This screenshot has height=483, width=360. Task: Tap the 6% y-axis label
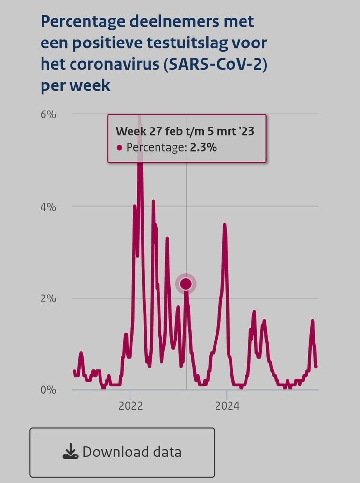pyautogui.click(x=49, y=115)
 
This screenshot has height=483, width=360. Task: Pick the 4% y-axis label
pyautogui.click(x=49, y=207)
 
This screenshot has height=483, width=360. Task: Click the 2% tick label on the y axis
pyautogui.click(x=49, y=298)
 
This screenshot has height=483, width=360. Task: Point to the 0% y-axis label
pyautogui.click(x=49, y=389)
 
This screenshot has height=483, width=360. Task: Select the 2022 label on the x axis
pyautogui.click(x=130, y=406)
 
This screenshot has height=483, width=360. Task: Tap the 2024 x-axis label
pyautogui.click(x=227, y=406)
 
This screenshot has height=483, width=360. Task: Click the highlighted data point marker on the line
pyautogui.click(x=186, y=284)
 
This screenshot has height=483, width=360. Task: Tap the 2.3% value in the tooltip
pyautogui.click(x=203, y=148)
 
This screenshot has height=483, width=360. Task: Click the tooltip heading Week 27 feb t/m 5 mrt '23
pyautogui.click(x=185, y=131)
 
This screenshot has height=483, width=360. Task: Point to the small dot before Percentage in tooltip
pyautogui.click(x=120, y=148)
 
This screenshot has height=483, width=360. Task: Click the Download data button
pyautogui.click(x=122, y=452)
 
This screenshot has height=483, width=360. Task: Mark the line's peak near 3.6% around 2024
pyautogui.click(x=225, y=225)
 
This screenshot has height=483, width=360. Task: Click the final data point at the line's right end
pyautogui.click(x=316, y=366)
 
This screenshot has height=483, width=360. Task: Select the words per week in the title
pyautogui.click(x=75, y=85)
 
